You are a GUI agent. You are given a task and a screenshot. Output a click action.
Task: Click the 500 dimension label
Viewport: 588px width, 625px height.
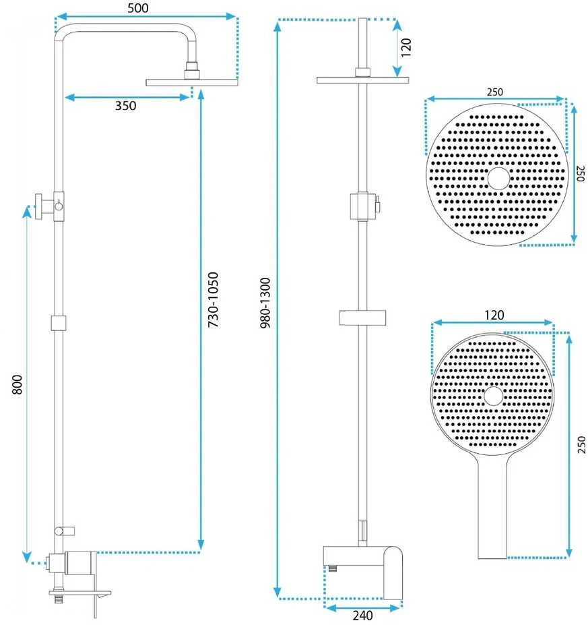point(138,7)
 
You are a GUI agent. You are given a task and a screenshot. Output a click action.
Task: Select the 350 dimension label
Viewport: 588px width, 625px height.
point(125,106)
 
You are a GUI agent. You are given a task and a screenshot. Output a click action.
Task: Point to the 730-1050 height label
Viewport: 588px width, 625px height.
point(214,300)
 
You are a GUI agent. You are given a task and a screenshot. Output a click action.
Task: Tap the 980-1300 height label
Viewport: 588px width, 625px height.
point(265,303)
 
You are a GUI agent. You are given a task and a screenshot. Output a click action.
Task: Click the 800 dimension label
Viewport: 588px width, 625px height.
point(17,385)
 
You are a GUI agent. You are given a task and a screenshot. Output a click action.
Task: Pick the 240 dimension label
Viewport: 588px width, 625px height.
point(362,616)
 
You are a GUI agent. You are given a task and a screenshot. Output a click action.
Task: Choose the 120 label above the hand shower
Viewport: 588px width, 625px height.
point(494,315)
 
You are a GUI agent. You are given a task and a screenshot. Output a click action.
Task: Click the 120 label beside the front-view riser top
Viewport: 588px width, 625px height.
point(405,47)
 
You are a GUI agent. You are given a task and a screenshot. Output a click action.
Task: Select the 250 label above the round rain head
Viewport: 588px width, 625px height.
point(495,92)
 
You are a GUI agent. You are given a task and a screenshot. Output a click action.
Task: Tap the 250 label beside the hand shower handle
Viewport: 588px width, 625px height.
point(581,444)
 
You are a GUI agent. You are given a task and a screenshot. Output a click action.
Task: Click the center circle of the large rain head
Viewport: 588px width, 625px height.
point(498,178)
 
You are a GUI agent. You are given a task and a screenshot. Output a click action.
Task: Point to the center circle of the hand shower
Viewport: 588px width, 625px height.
point(493,396)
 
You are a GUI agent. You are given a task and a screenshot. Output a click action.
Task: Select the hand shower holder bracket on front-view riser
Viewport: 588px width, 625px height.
point(362,318)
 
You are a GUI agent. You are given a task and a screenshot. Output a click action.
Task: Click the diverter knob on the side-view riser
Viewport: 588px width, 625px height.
point(40,206)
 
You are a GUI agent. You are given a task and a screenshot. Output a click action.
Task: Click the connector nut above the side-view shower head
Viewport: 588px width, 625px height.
point(192,70)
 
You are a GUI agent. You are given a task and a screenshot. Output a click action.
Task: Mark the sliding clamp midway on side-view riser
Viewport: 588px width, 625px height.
point(58,323)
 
